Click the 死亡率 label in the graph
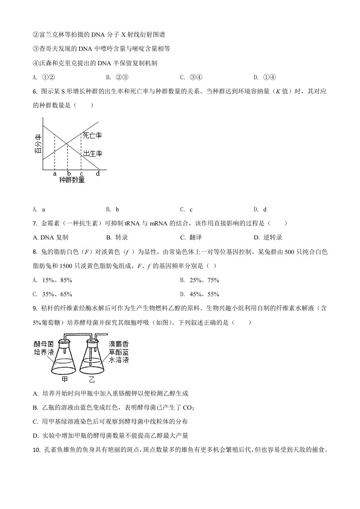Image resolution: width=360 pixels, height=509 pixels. tap(92, 135)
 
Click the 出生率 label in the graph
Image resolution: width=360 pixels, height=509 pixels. tap(92, 154)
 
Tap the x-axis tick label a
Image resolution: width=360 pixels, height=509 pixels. tap(54, 173)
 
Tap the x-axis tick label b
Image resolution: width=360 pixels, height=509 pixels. tap(69, 173)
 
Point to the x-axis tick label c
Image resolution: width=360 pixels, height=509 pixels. tap(81, 173)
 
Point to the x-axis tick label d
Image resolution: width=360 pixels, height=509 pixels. tap(98, 173)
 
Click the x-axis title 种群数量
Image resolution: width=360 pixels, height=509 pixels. tap(72, 180)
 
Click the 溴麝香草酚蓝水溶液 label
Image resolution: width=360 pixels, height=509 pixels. tap(118, 352)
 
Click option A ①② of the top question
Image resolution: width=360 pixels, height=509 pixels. tap(44, 77)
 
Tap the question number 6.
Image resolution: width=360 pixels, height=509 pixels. tap(35, 92)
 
